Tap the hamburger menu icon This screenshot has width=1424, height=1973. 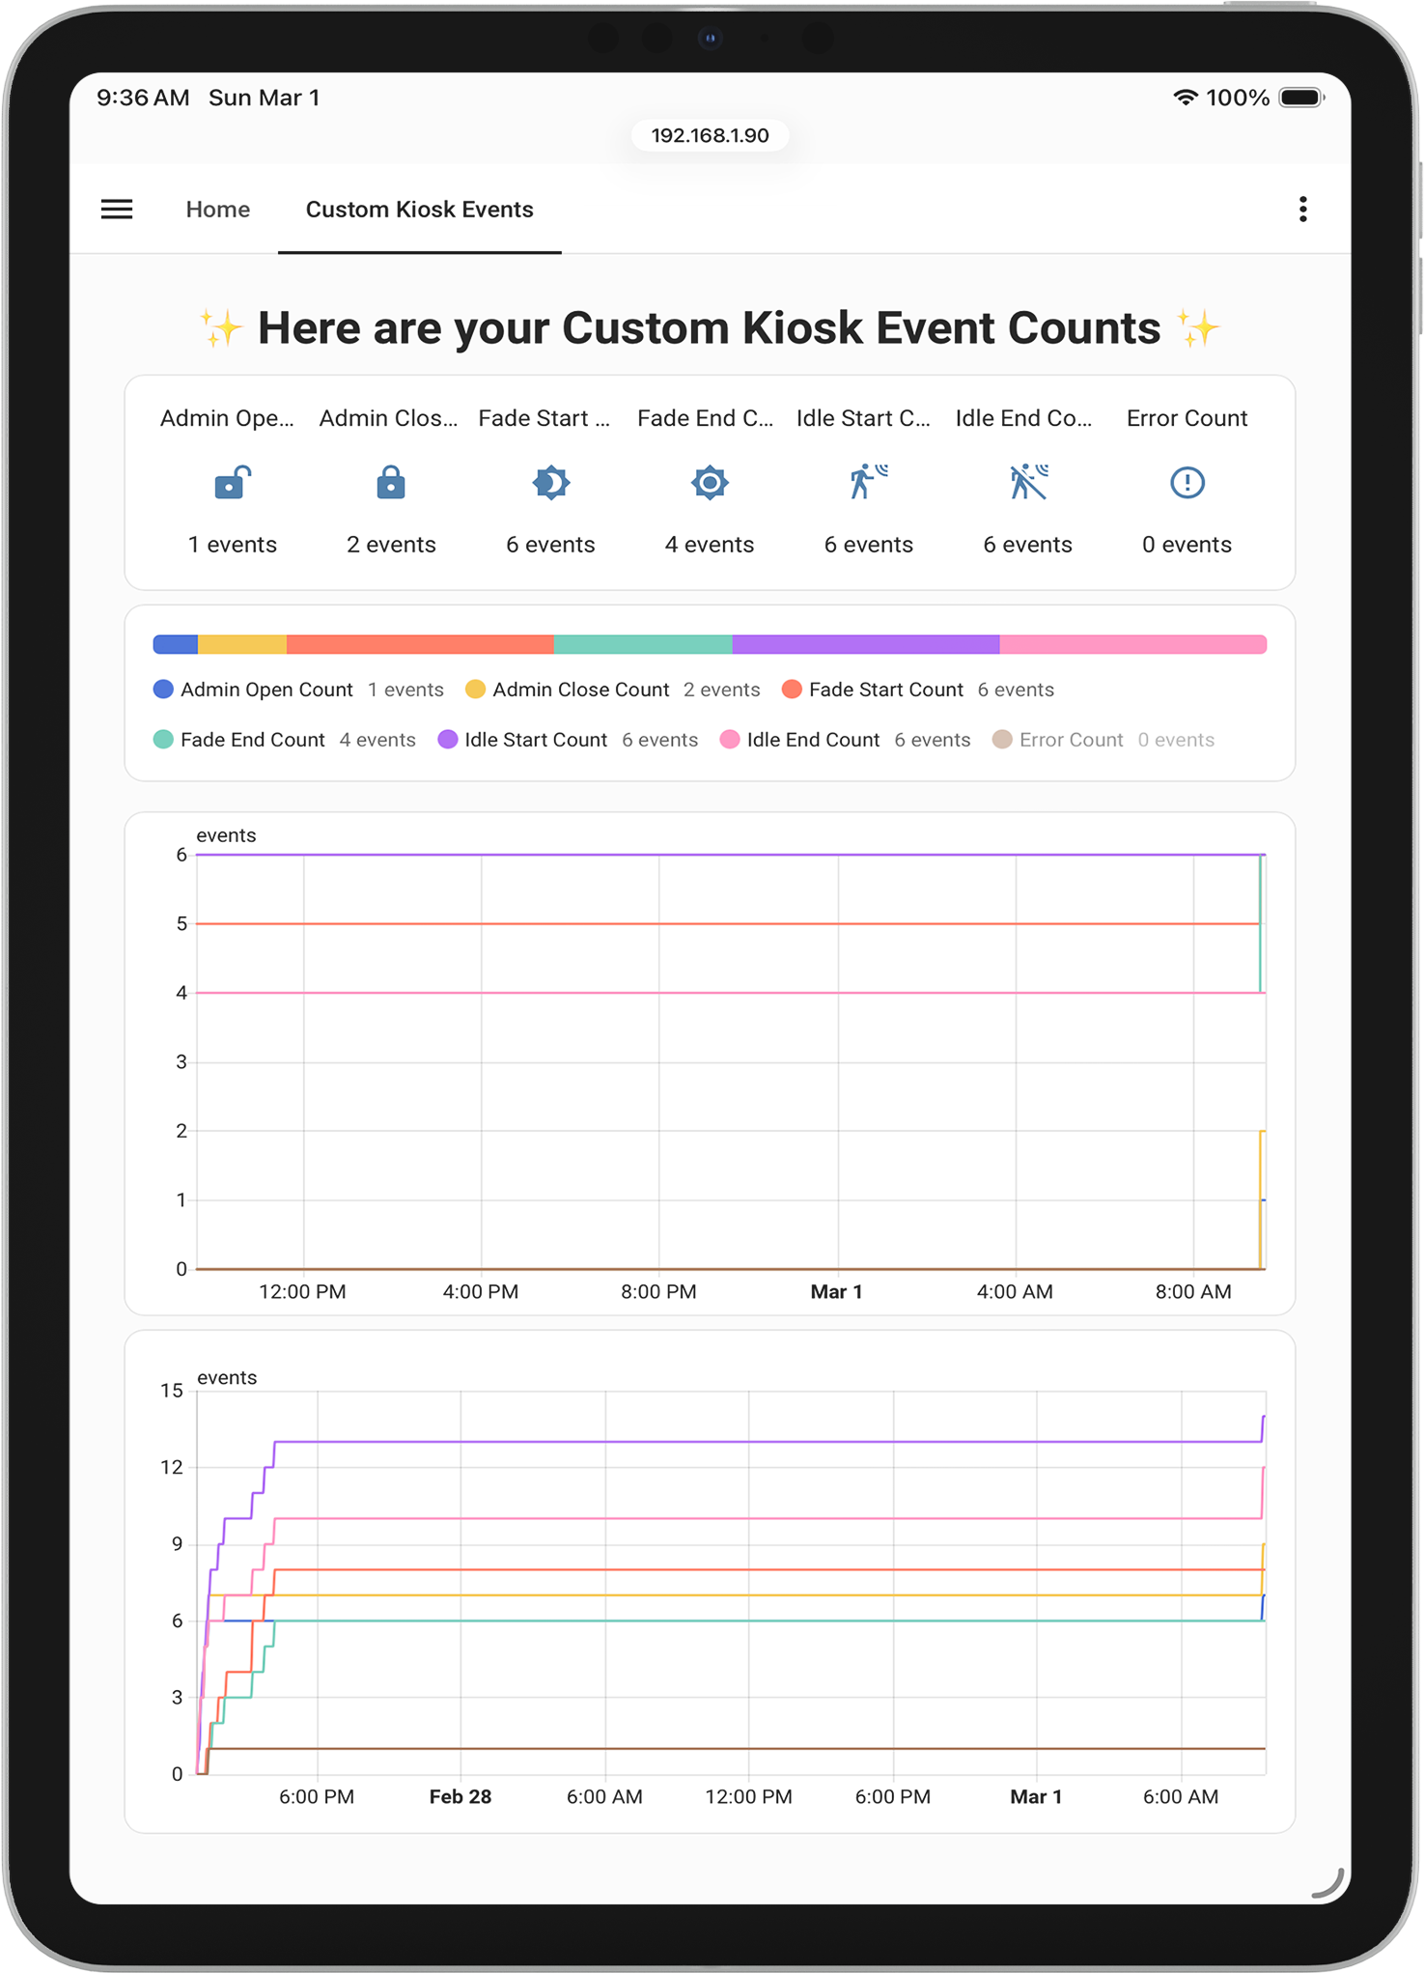117,210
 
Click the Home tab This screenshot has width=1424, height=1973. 218,210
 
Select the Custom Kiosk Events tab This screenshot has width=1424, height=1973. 419,210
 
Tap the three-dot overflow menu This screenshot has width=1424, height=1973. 1302,210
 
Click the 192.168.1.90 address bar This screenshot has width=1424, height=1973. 710,135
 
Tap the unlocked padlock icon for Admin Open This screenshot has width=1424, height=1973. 232,482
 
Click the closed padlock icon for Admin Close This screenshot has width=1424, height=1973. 390,482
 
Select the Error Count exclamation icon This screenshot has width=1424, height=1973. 1187,482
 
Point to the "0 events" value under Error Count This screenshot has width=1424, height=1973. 1187,545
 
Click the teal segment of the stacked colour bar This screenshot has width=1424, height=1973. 643,644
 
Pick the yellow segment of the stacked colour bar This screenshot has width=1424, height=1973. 242,644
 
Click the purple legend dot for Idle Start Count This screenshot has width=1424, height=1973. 448,740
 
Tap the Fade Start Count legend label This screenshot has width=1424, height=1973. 885,690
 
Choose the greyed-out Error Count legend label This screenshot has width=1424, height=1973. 1071,740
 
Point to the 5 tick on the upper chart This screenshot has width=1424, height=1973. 181,924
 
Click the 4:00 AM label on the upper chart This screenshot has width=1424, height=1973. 1015,1292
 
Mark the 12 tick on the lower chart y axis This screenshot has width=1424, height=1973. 172,1468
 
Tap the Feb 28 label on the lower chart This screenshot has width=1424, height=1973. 460,1797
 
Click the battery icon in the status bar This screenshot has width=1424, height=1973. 1300,98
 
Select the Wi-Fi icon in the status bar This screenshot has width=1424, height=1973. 1185,98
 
